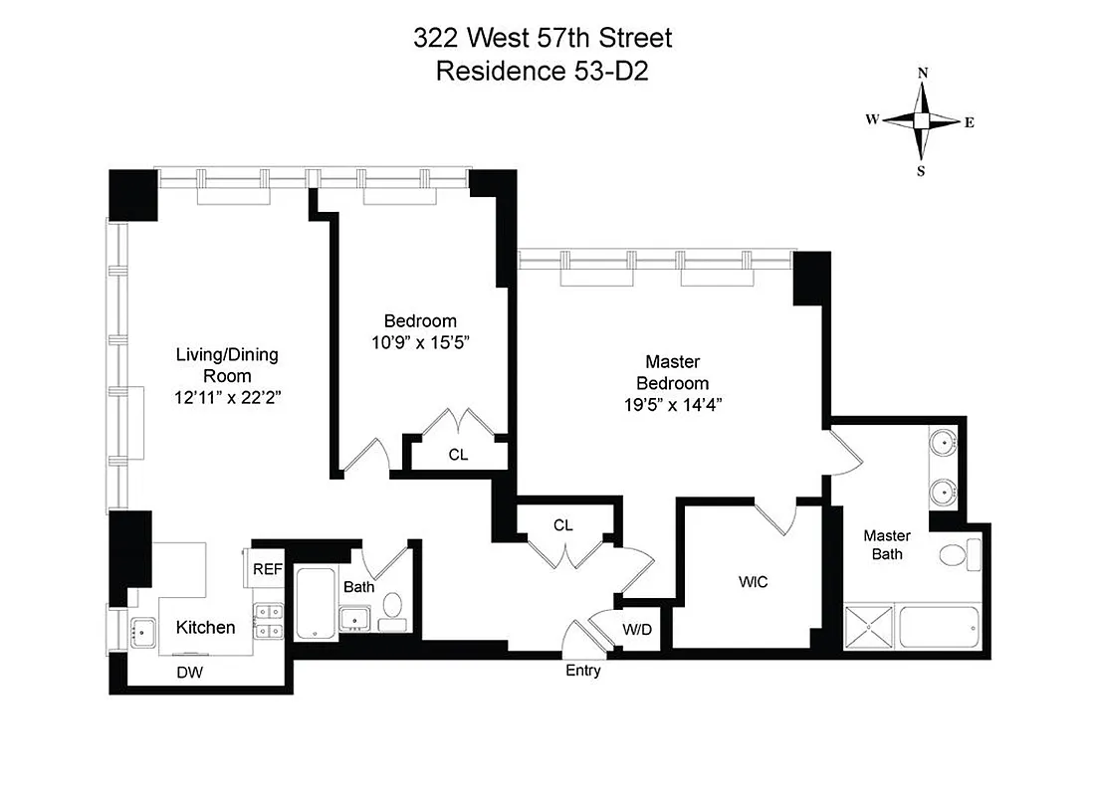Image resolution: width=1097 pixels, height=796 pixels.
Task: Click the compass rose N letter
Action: point(923,73)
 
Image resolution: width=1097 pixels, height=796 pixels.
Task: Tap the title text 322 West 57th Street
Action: point(543,38)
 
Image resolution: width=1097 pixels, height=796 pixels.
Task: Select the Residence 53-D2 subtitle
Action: point(543,71)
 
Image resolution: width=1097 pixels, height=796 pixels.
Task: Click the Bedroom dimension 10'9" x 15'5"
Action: point(420,342)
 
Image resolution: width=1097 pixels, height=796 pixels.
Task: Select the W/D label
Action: point(636,631)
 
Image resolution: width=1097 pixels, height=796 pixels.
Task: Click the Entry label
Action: point(583,671)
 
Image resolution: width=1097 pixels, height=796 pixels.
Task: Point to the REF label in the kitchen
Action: point(267,569)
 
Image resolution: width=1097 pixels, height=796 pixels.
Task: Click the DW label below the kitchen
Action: point(189,673)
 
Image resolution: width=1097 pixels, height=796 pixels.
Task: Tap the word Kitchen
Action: point(206,628)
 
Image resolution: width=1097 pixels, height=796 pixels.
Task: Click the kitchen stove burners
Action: point(267,622)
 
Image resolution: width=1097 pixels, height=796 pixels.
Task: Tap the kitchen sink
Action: point(140,630)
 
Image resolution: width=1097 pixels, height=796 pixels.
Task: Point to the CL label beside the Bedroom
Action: point(458,455)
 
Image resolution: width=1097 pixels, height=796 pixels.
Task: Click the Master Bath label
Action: point(887,544)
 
